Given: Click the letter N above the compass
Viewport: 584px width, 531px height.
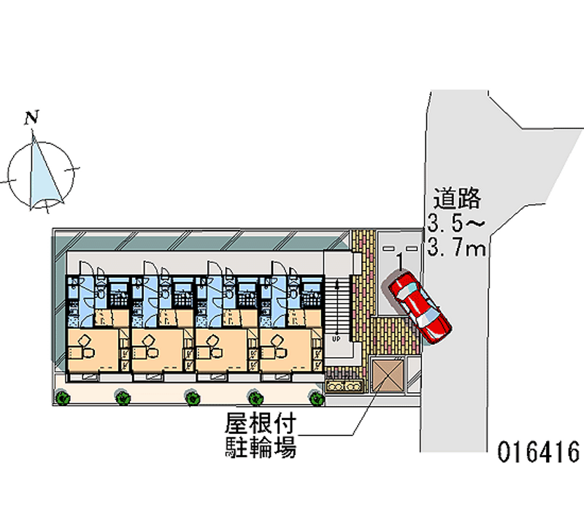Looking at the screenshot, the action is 31,117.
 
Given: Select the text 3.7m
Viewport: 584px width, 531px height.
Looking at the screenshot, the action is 457,249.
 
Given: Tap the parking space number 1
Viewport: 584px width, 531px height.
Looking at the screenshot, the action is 400,261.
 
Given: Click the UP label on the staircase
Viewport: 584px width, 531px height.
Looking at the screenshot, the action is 337,339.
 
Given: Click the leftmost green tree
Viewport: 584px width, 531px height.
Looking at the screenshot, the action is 63,398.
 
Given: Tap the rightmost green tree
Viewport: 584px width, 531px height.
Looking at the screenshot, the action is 315,398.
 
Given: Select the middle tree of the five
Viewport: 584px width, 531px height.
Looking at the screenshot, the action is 192,398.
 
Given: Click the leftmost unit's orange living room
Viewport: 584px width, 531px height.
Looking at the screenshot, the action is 93,349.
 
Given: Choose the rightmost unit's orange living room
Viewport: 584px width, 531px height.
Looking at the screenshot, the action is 287,349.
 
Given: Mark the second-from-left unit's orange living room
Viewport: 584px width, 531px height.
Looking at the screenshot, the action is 158,349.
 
